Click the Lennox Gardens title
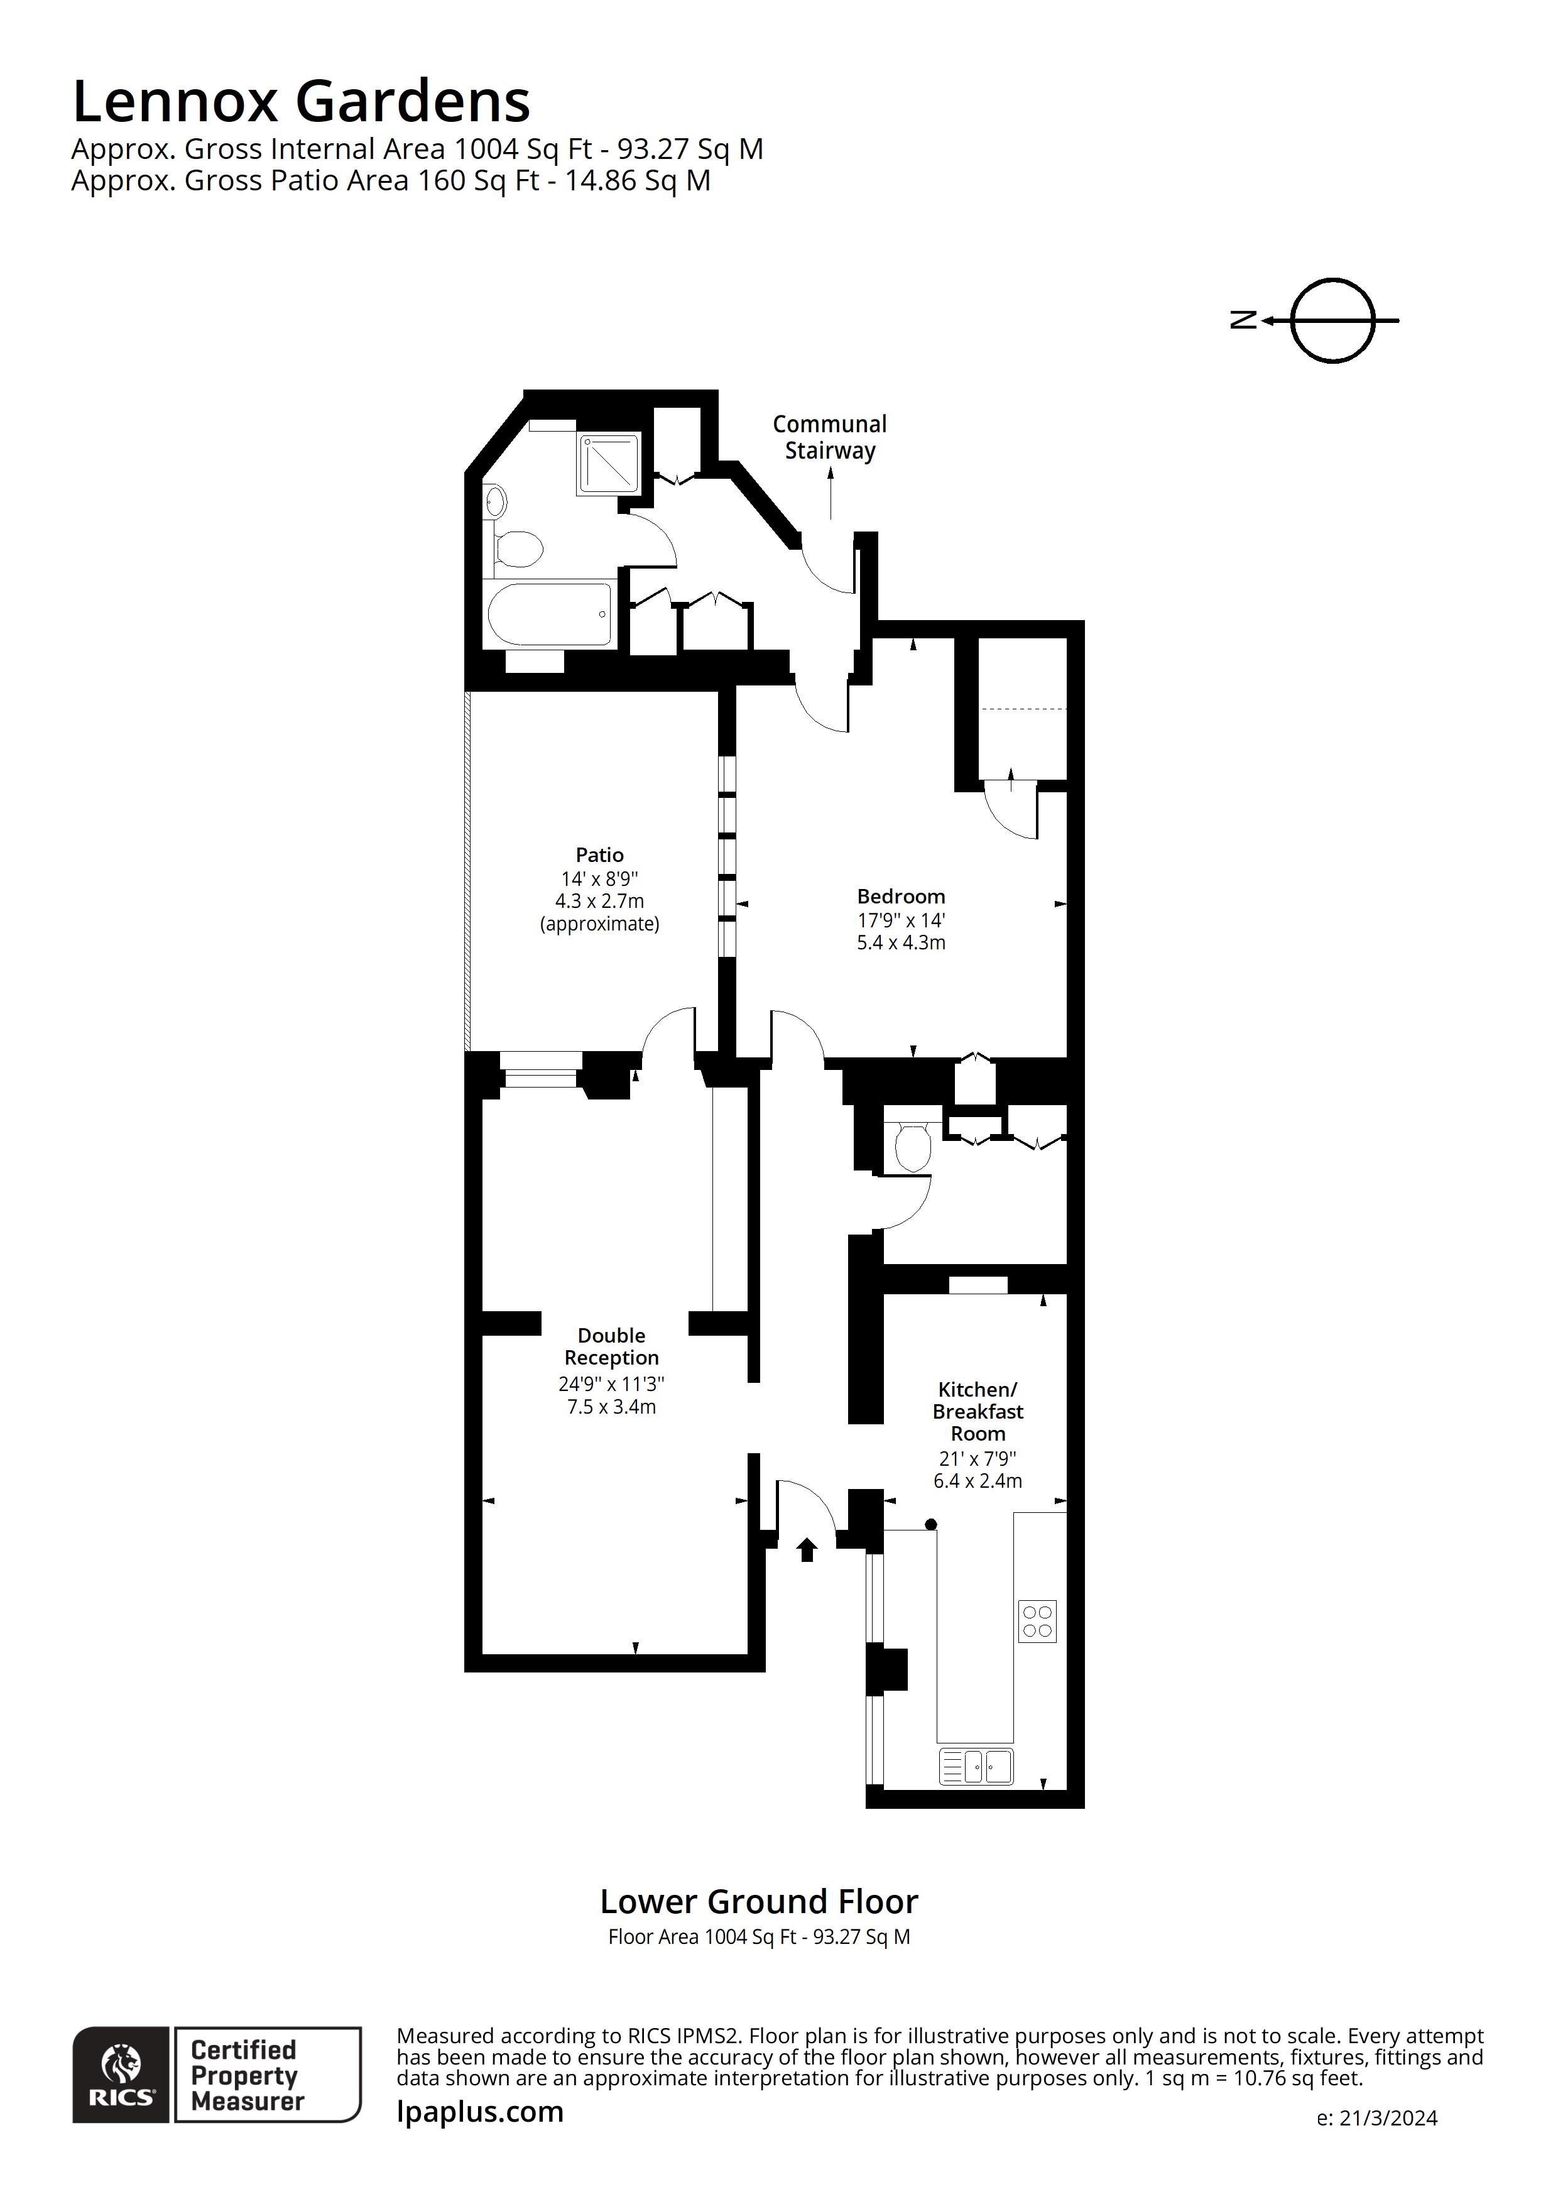click(x=300, y=102)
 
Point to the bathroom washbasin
click(x=495, y=501)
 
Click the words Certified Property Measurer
click(x=247, y=2075)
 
